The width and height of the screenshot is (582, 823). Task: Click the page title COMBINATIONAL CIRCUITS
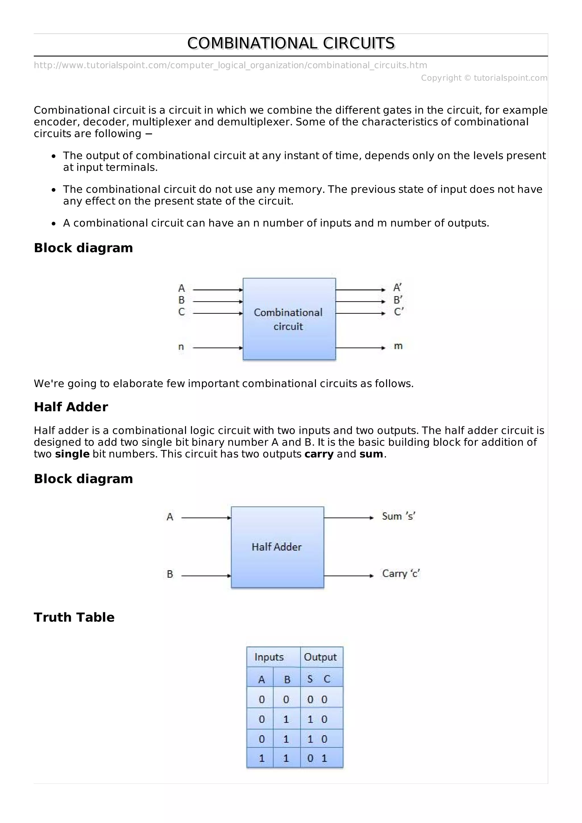[291, 43]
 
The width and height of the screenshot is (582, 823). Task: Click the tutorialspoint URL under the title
[230, 65]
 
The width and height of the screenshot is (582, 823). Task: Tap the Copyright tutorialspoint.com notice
[484, 78]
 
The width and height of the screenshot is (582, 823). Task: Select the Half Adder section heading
[71, 407]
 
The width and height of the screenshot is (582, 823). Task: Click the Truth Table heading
[74, 617]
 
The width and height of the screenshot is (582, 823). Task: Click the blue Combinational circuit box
[289, 319]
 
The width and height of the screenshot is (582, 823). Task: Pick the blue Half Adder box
[277, 547]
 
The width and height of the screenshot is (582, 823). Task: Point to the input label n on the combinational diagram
[181, 347]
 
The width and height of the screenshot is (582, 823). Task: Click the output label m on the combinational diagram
[398, 346]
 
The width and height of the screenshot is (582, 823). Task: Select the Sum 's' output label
[398, 516]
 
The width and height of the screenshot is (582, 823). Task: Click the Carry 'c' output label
[400, 574]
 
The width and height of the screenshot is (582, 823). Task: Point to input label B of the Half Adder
[170, 574]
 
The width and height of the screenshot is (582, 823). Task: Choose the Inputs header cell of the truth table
[269, 657]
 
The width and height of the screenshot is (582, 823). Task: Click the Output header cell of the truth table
[320, 657]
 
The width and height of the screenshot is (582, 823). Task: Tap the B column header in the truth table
[287, 679]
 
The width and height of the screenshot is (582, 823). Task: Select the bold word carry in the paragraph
[319, 454]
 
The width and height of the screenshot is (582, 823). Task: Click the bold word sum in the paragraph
[371, 454]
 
